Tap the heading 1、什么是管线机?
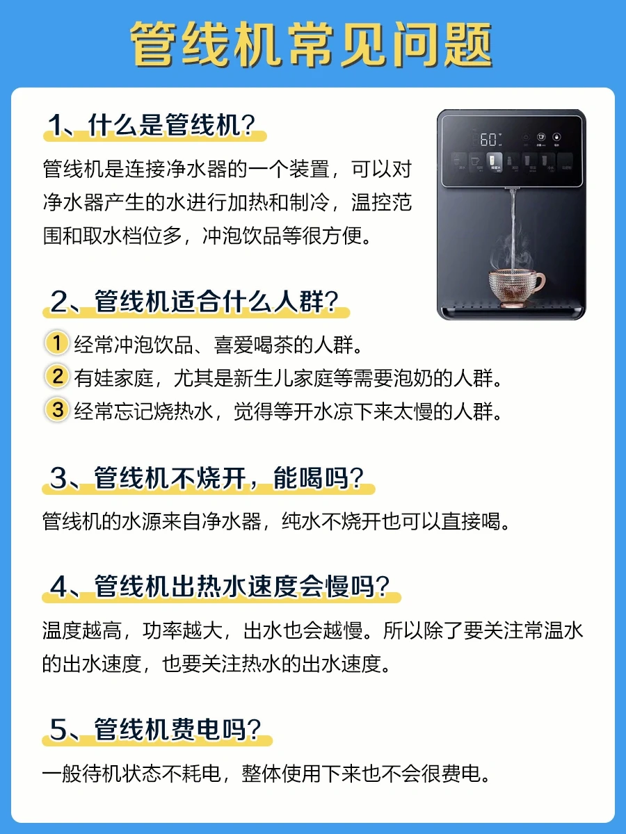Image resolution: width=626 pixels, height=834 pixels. tap(152, 125)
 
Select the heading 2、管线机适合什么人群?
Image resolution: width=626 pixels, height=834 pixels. tap(194, 302)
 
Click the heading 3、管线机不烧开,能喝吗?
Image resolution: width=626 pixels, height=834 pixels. tap(207, 477)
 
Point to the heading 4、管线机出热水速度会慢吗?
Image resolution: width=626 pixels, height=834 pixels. tap(220, 587)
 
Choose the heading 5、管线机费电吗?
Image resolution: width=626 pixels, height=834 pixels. tap(155, 729)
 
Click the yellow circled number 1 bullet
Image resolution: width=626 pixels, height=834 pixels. tap(57, 343)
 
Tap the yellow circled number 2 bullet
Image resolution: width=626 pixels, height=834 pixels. tap(57, 376)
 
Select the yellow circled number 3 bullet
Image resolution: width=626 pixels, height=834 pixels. tap(57, 409)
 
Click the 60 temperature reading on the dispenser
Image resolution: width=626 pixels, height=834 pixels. tap(488, 140)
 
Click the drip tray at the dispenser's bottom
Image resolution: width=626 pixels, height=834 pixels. tap(512, 311)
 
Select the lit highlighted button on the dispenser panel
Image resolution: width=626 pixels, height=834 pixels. tap(495, 162)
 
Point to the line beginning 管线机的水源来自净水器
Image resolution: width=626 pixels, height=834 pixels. tap(275, 521)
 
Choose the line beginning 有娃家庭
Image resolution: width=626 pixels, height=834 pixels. tap(288, 378)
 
